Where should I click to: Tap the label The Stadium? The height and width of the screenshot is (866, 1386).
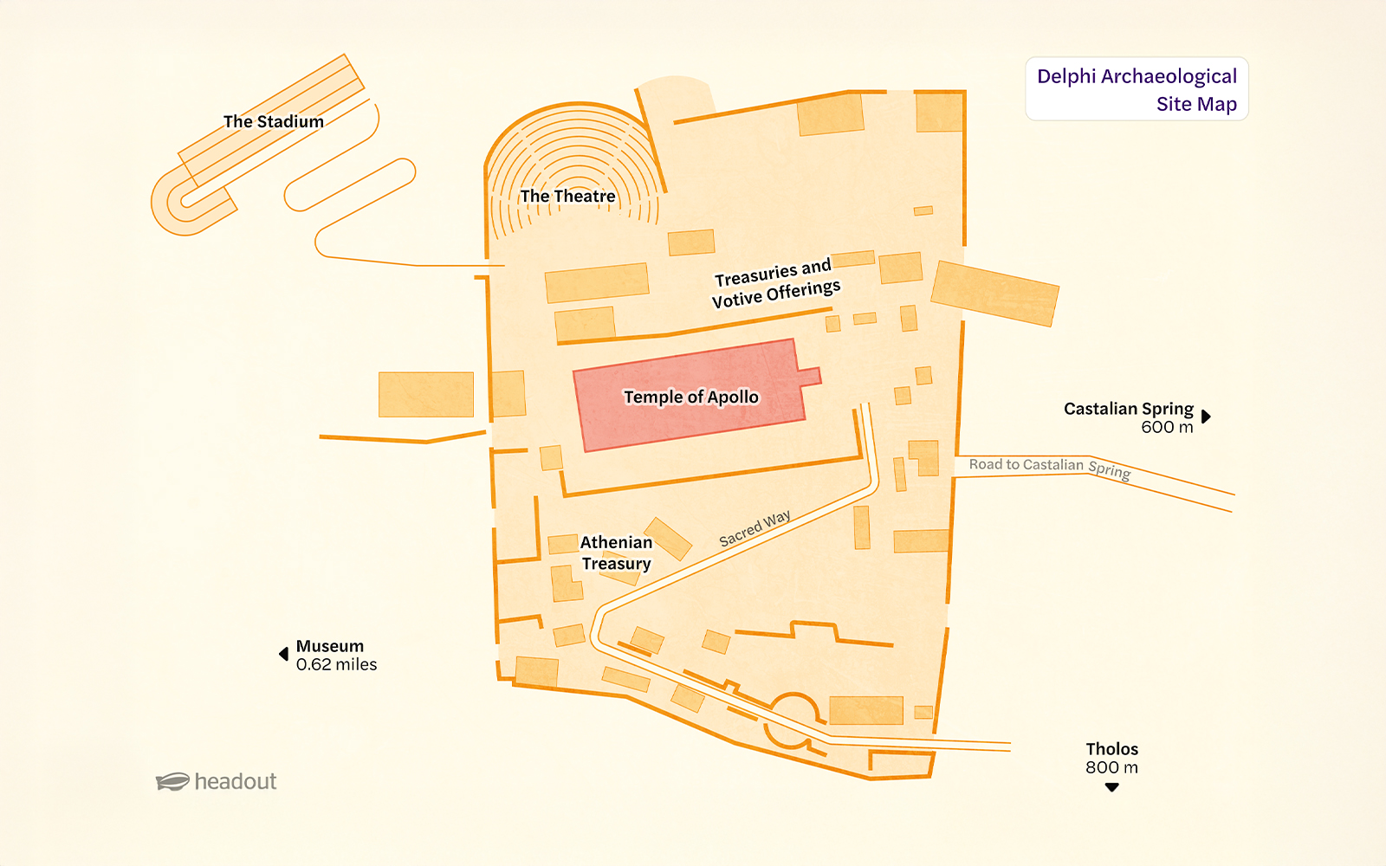click(x=274, y=121)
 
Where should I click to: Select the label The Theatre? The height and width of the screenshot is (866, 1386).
click(x=567, y=197)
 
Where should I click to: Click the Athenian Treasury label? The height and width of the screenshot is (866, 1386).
click(x=616, y=553)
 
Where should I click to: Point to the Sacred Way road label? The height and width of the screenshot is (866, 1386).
click(x=755, y=528)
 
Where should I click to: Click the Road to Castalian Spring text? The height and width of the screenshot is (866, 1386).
click(x=1049, y=467)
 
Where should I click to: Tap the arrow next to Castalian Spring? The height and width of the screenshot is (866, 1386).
click(x=1206, y=417)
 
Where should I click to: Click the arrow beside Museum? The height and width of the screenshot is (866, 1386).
click(x=283, y=654)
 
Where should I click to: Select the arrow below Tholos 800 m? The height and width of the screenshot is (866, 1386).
click(x=1112, y=787)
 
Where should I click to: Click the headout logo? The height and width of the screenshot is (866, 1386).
click(x=217, y=781)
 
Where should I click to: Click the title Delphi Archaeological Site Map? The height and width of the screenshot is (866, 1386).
click(x=1137, y=89)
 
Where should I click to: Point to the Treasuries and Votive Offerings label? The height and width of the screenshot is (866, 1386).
click(x=775, y=283)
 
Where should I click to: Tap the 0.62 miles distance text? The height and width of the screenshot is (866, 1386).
click(x=336, y=665)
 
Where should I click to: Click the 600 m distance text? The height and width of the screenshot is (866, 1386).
click(x=1166, y=427)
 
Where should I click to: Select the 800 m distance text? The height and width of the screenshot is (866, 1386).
click(x=1111, y=767)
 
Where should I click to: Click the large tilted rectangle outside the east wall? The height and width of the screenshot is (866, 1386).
click(x=994, y=294)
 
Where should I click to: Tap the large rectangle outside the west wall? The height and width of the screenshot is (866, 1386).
click(x=426, y=394)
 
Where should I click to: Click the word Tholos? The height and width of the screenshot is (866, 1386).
click(x=1111, y=749)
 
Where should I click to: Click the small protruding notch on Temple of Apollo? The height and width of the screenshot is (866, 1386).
click(x=810, y=376)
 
